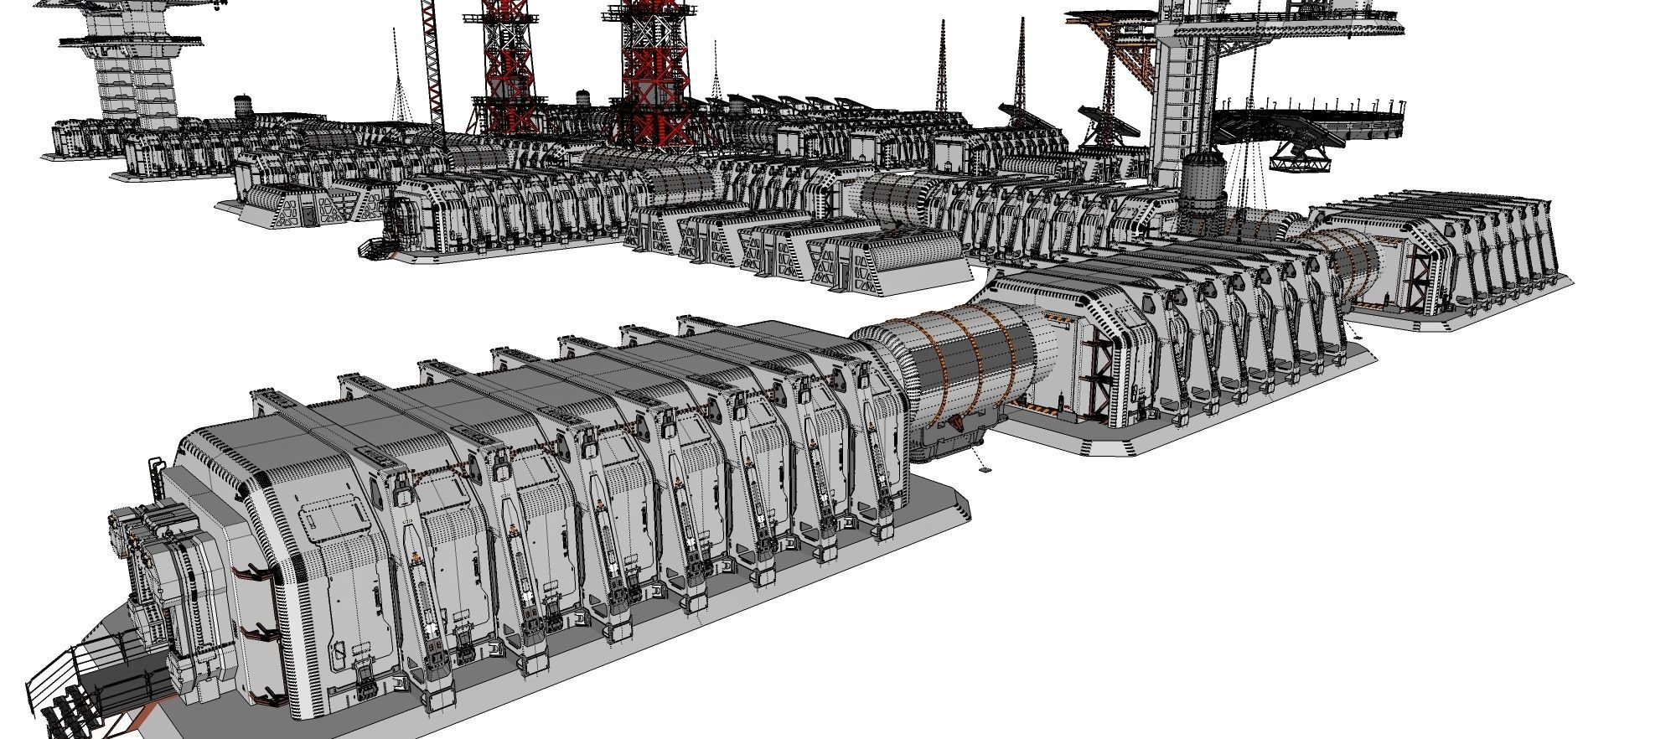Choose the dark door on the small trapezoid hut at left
pyautogui.click(x=309, y=216)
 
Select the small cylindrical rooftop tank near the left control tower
pyautogui.click(x=243, y=106)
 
